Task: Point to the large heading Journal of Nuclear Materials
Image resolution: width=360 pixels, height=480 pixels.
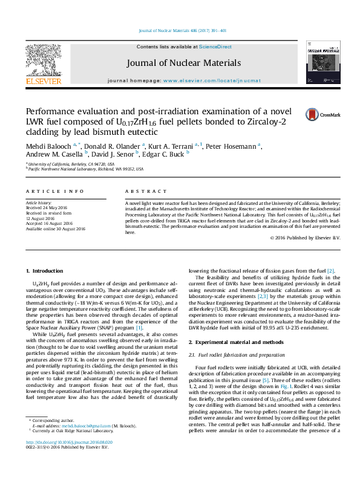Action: pyautogui.click(x=184, y=63)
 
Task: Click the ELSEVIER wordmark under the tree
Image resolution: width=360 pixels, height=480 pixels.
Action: pyautogui.click(x=44, y=81)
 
